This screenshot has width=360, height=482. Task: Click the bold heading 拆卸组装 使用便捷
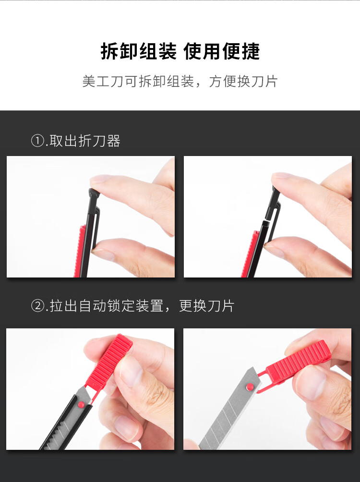[180, 51]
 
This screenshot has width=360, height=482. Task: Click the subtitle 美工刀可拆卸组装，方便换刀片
[180, 82]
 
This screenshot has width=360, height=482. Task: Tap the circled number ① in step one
[37, 141]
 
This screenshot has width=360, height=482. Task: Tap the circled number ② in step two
[37, 306]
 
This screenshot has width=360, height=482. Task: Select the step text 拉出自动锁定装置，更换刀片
[142, 306]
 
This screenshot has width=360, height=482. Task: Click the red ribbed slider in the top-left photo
[79, 251]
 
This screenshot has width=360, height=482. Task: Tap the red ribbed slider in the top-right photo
[250, 254]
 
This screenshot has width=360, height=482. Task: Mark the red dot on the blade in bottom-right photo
[250, 386]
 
